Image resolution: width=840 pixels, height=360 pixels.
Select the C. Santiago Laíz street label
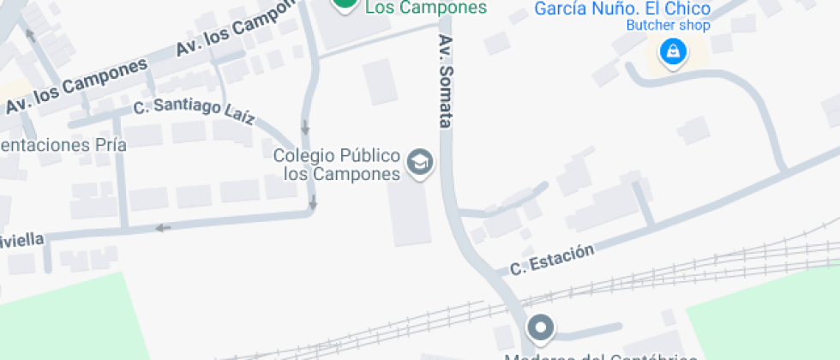(194, 111)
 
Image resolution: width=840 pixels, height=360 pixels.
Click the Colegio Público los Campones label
(337, 165)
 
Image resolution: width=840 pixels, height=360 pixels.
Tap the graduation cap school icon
(419, 162)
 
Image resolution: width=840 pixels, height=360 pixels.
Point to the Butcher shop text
(668, 26)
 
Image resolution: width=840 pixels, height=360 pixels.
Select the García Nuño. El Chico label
(622, 9)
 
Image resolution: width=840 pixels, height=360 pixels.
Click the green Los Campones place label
(426, 8)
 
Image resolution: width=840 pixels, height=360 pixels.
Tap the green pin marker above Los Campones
(345, 4)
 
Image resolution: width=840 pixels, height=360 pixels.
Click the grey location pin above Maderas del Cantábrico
(540, 327)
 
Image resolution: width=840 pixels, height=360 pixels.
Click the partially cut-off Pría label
(63, 145)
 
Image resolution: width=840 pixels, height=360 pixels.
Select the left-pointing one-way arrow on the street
(163, 227)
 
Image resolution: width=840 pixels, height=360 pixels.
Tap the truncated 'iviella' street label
(21, 239)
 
